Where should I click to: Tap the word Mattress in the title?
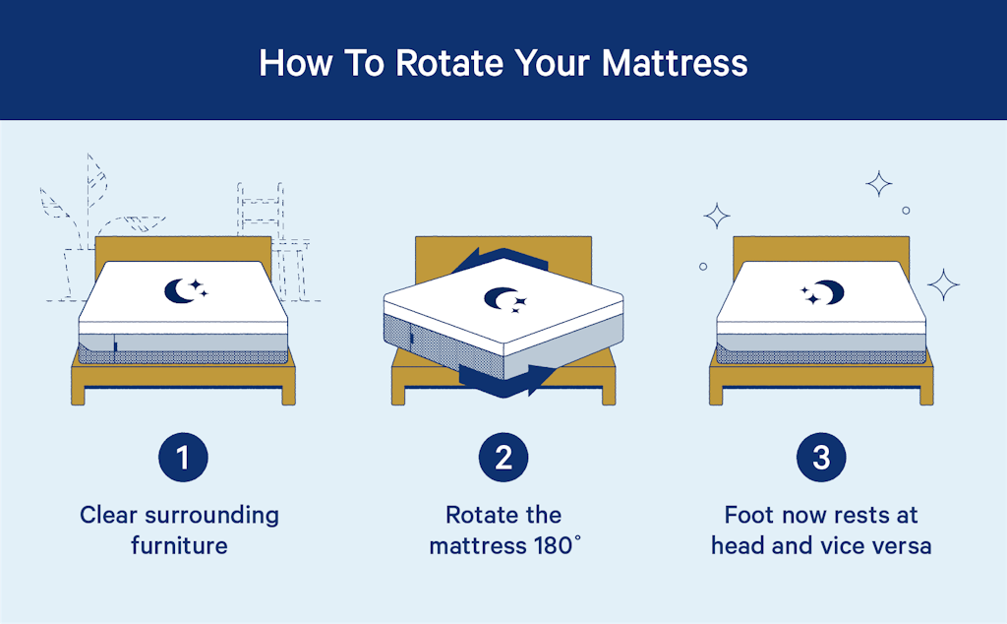[x=675, y=62]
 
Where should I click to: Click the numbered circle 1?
[x=184, y=457]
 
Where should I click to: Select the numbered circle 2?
[x=503, y=457]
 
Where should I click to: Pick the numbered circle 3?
[x=821, y=457]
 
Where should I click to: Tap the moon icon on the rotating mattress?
[x=503, y=300]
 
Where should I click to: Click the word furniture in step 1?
[x=179, y=544]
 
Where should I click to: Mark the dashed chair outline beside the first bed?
[x=266, y=226]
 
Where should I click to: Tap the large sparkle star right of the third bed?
[x=943, y=285]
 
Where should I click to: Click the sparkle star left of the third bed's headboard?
[x=717, y=216]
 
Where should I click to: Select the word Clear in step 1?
[x=110, y=515]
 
